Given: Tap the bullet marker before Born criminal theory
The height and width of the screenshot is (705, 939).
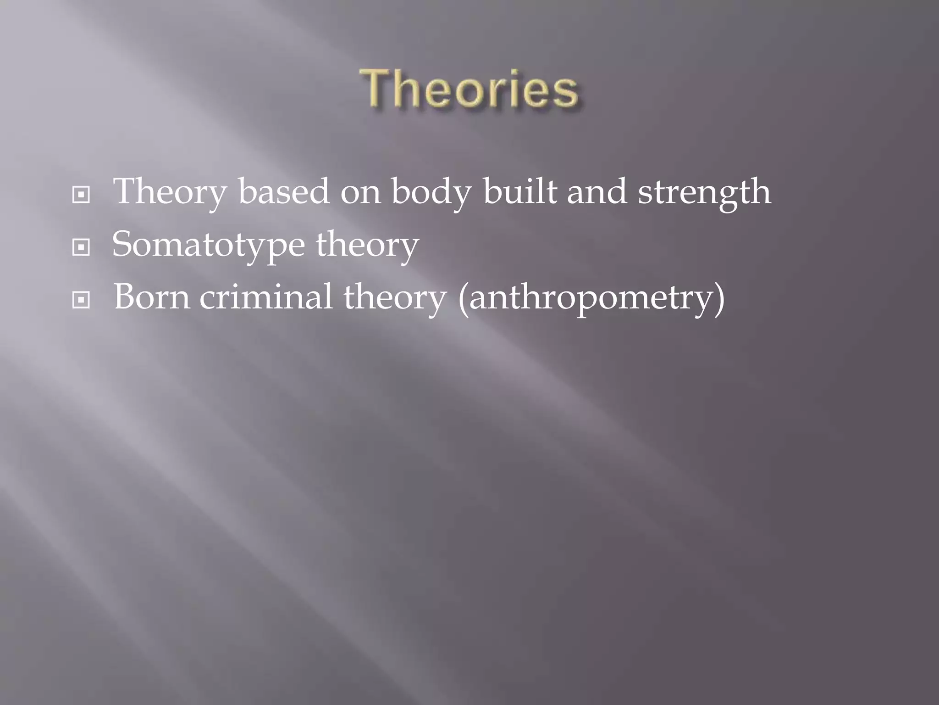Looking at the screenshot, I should pyautogui.click(x=81, y=301).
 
